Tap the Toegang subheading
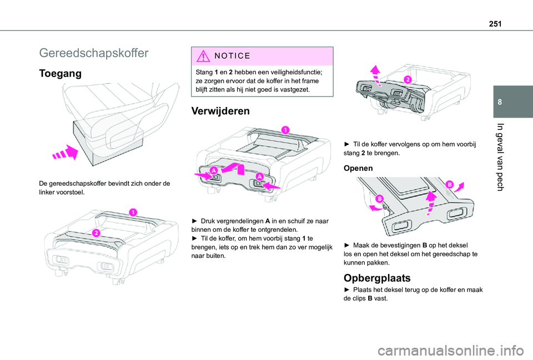coord(61,73)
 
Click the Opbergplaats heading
coord(378,277)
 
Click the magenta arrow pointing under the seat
coord(64,153)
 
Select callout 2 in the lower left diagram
coord(95,232)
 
